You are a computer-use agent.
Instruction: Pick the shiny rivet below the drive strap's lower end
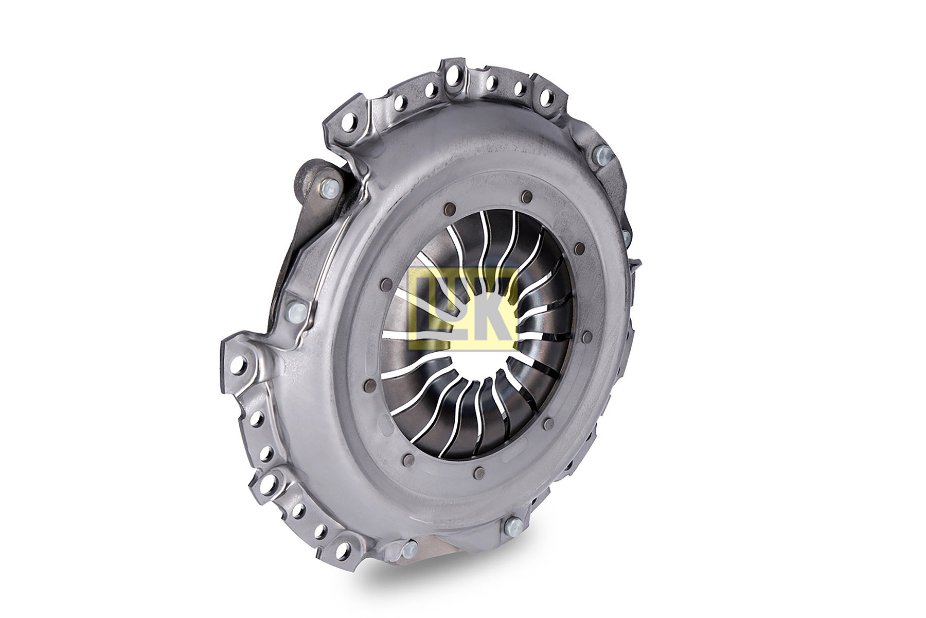pos(297,310)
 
